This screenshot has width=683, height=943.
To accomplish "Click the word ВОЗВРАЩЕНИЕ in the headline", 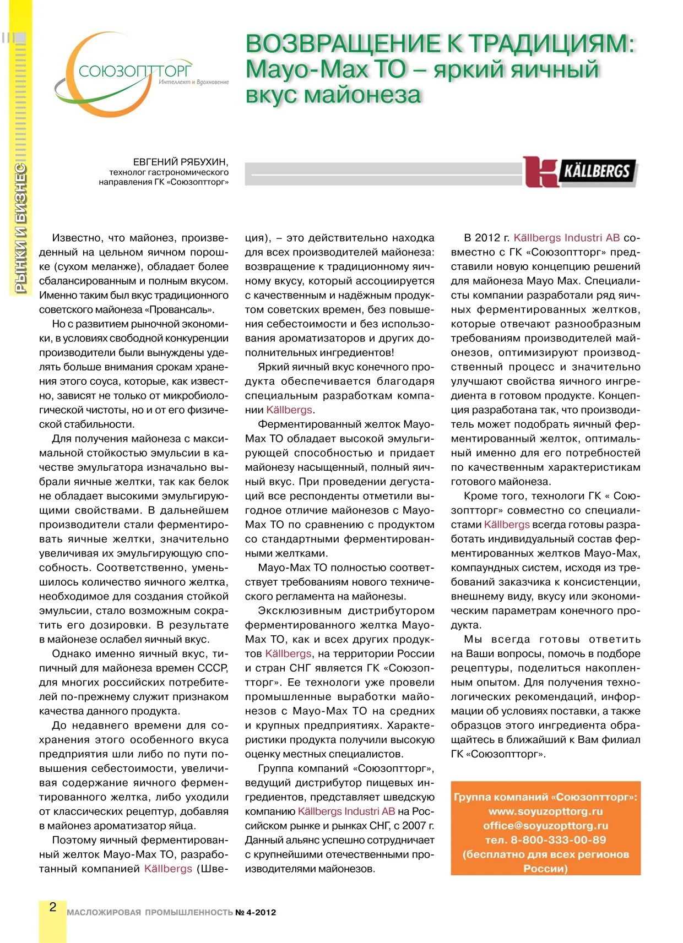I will [344, 44].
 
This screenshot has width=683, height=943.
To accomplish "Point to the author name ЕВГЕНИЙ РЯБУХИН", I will [180, 162].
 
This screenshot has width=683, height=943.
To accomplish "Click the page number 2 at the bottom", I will [53, 907].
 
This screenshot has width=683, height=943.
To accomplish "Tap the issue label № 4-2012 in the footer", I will [256, 913].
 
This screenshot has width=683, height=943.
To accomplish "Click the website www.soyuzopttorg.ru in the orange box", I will [545, 811].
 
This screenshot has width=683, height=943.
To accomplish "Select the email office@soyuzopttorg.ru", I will [545, 826].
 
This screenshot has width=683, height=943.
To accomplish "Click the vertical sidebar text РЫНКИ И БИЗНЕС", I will [20, 228].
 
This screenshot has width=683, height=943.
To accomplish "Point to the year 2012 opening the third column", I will [487, 238].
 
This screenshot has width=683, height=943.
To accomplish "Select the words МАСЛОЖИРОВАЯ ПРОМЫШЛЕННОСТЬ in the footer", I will [150, 913].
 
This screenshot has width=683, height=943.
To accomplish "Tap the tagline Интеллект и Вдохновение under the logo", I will [193, 82].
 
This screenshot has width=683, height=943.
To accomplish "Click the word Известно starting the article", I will [77, 238].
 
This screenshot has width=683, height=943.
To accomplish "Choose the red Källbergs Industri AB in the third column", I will [566, 238].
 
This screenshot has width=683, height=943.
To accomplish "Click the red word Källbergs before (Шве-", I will [168, 869].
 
